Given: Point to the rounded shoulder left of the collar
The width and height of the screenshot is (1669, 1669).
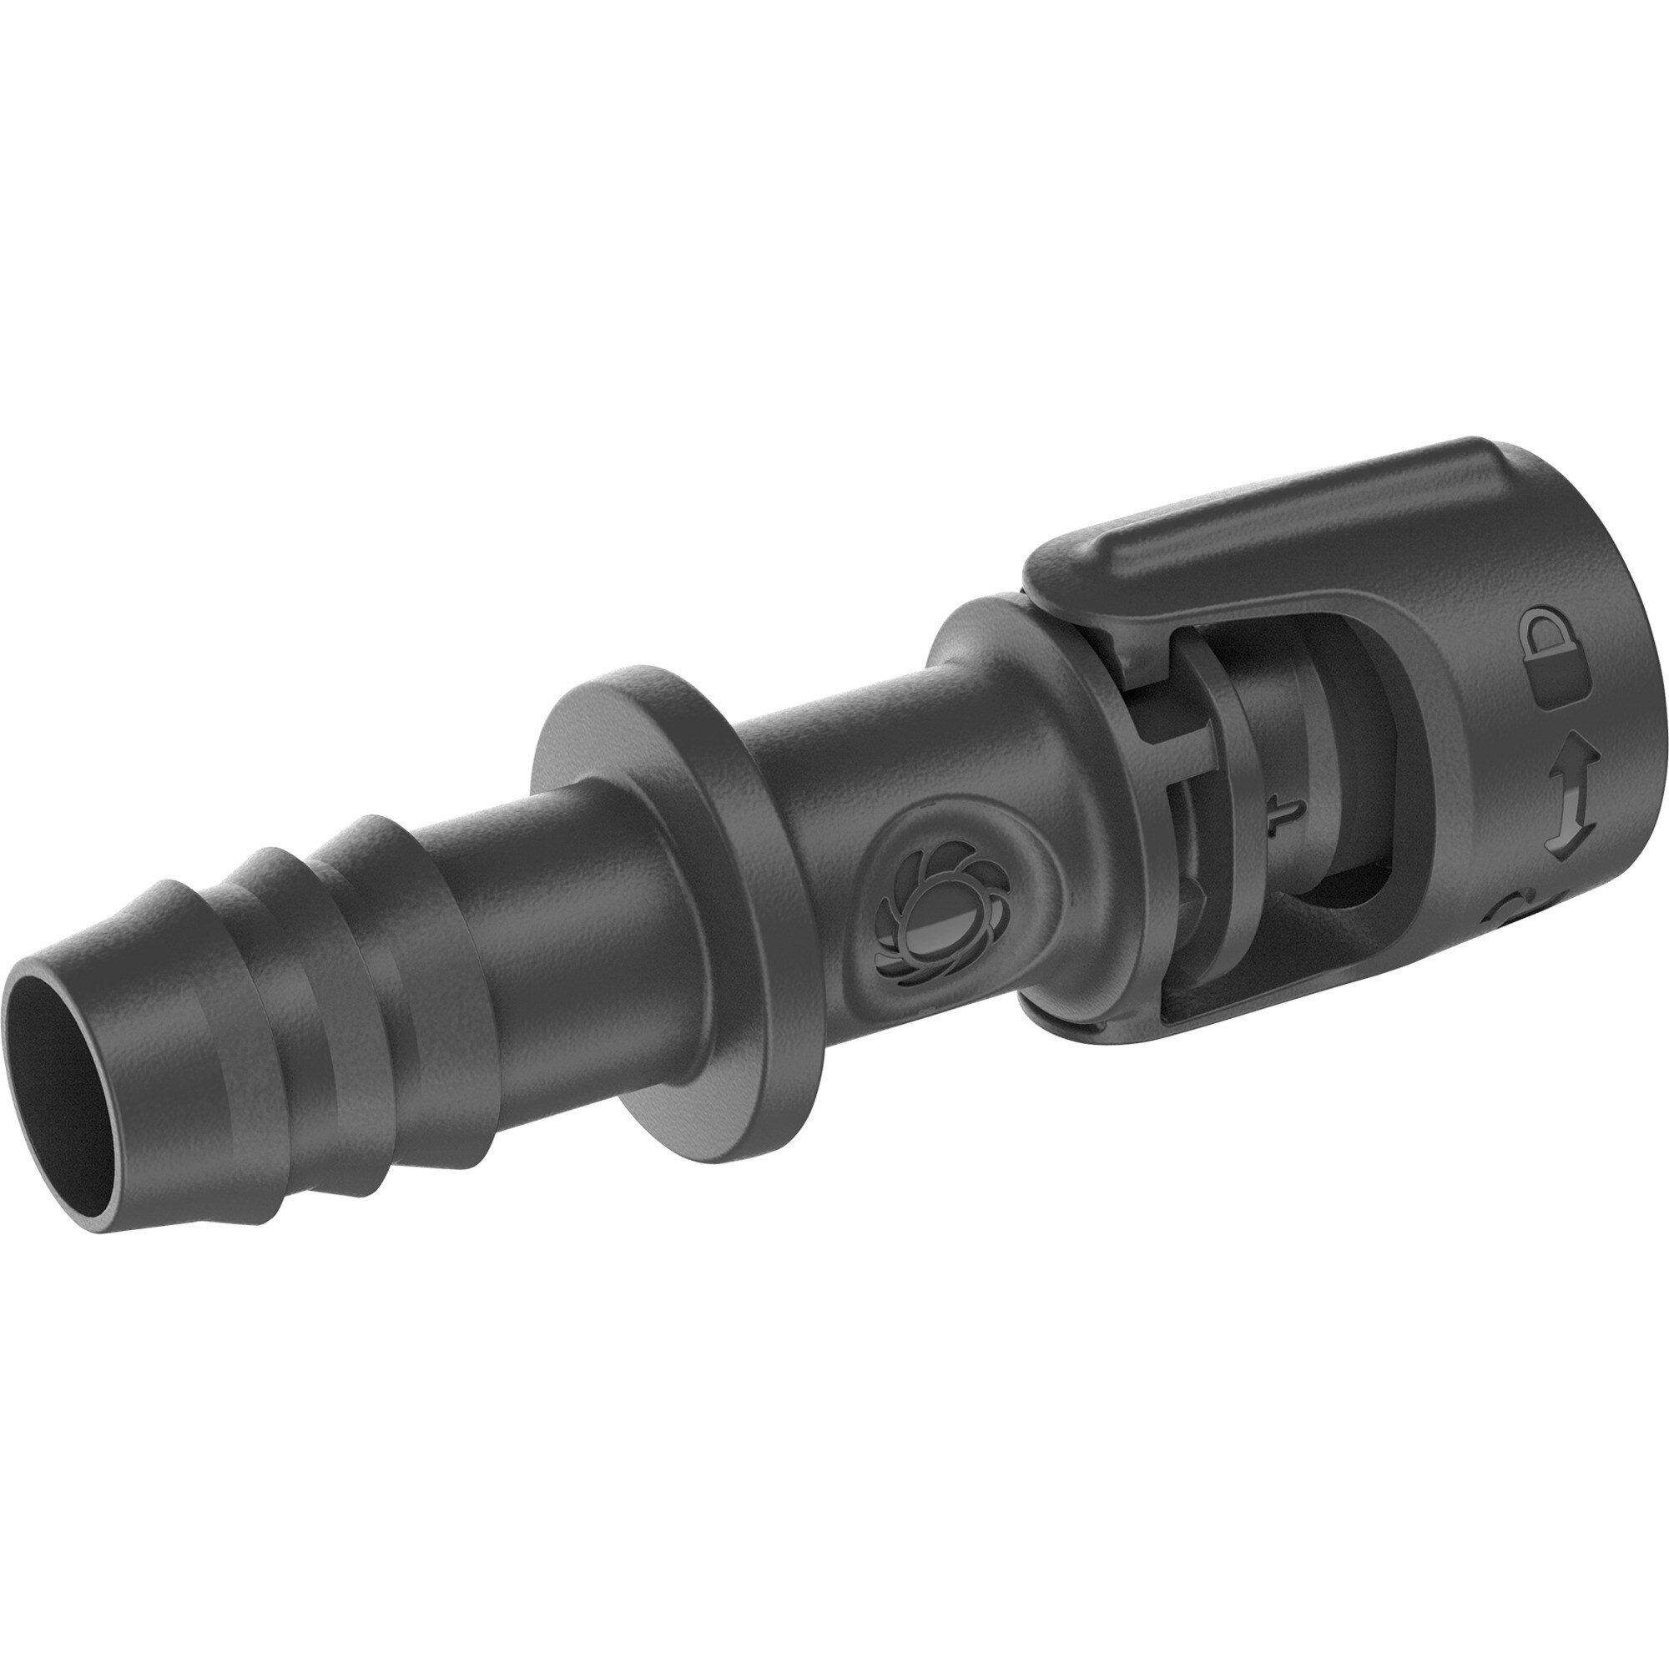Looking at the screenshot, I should coord(985,691).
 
